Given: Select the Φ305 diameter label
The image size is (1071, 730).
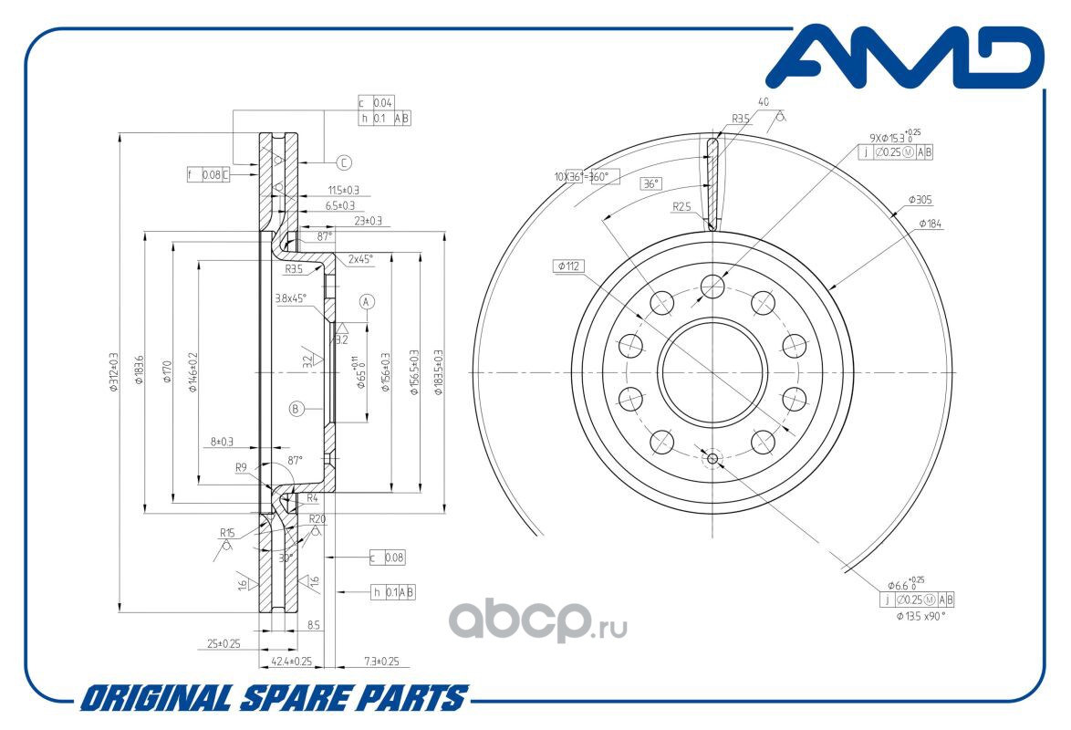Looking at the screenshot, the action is coord(920,199).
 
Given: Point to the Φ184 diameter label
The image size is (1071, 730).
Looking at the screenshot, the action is coord(930,223).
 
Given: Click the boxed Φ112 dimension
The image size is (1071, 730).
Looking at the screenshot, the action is coord(567,266).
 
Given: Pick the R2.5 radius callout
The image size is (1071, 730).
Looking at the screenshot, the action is coord(681,207).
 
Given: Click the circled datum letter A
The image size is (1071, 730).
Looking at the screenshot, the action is coord(367,301).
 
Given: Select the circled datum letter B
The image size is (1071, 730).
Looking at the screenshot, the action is coord(296,409).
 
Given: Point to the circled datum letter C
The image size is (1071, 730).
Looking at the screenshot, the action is coord(344,163).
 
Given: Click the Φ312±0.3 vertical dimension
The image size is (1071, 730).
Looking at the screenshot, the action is coord(113,372).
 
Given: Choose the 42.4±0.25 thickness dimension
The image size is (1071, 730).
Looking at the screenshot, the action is coord(292,661).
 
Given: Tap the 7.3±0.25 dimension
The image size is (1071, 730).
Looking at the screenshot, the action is coord(382,661).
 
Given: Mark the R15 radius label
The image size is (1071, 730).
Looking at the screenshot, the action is coord(227,532).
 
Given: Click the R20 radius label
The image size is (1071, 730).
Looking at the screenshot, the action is coord(317,518).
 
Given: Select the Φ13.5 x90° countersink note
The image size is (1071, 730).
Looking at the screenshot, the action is coord(920,616).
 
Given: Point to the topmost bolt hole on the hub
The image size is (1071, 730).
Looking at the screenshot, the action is coord(712,287).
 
